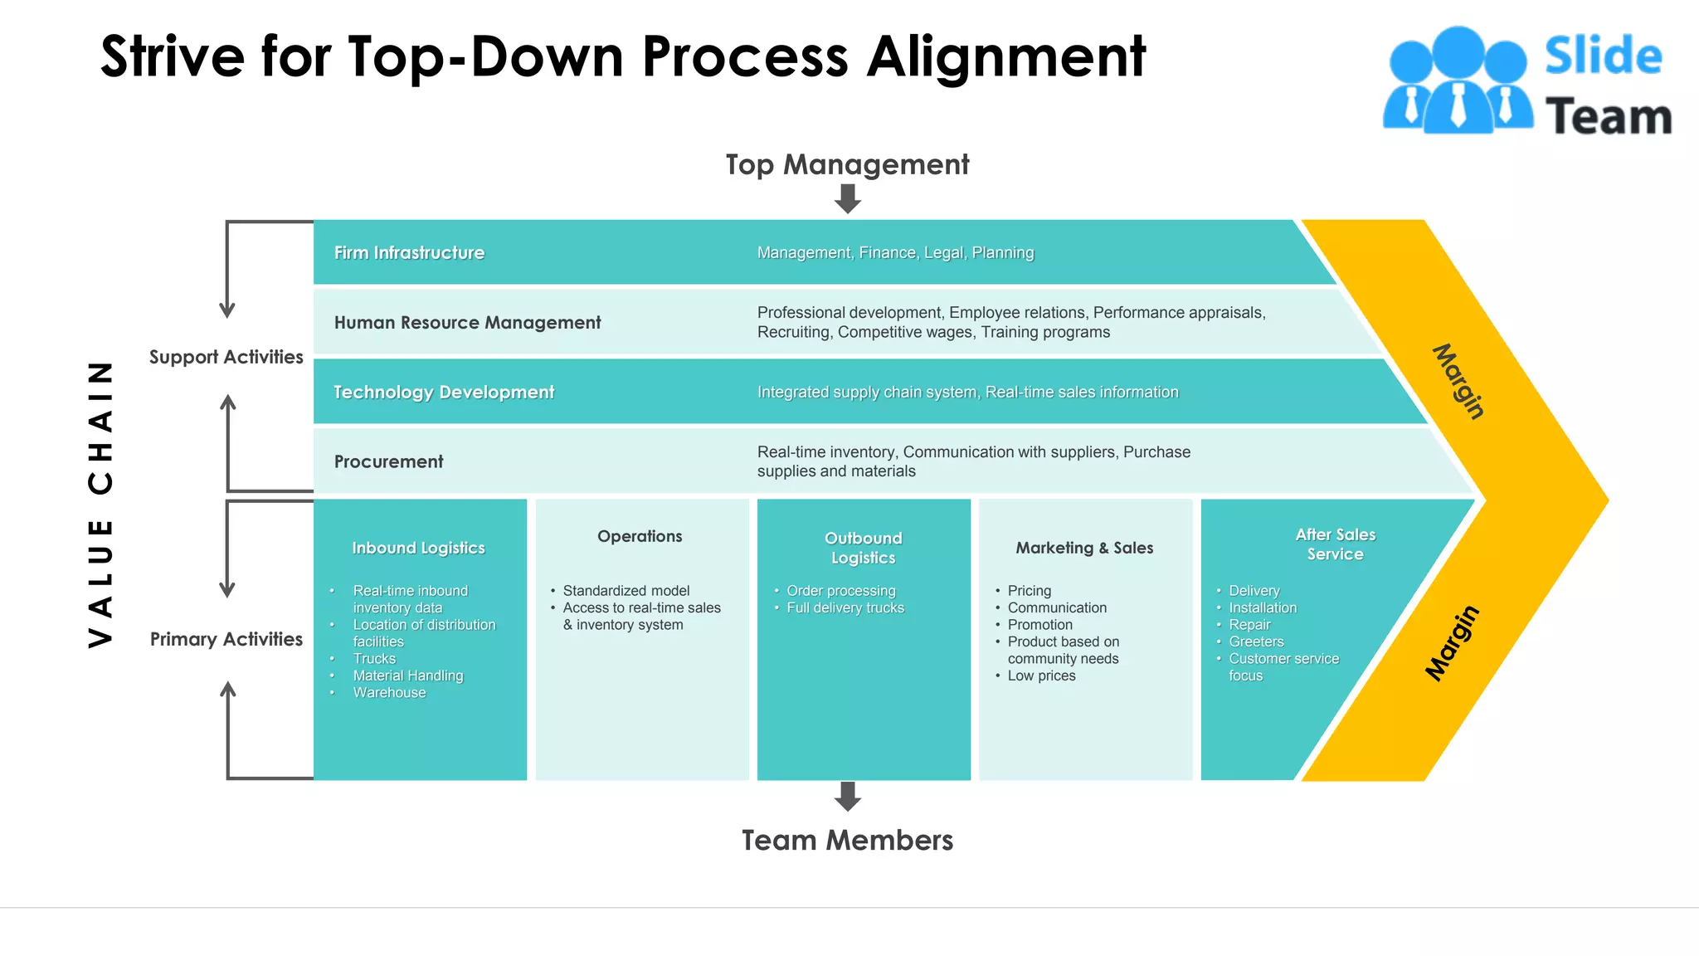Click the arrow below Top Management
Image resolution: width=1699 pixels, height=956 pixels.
click(x=847, y=198)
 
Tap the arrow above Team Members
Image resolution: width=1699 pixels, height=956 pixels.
click(x=847, y=796)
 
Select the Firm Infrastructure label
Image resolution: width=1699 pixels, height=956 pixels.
click(x=409, y=252)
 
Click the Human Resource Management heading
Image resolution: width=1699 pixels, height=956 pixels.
click(x=467, y=322)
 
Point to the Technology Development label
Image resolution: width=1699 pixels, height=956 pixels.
click(x=444, y=392)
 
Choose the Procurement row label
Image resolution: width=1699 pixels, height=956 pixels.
click(x=388, y=461)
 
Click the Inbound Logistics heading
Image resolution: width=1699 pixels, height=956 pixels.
click(x=418, y=548)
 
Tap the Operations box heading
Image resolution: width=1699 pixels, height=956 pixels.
click(x=640, y=536)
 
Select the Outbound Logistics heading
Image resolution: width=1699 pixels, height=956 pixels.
click(x=863, y=548)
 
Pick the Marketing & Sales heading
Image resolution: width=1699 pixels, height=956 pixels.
click(x=1084, y=548)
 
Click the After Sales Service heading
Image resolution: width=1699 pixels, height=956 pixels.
click(x=1335, y=544)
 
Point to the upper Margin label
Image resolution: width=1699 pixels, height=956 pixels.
click(x=1458, y=381)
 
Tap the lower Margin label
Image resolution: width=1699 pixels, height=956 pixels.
click(x=1452, y=643)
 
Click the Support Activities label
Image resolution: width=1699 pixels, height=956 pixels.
click(x=226, y=357)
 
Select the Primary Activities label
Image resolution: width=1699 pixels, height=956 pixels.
click(x=226, y=639)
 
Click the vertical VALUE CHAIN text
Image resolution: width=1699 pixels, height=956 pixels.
click(x=100, y=504)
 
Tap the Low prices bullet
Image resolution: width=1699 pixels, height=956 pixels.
click(x=1041, y=676)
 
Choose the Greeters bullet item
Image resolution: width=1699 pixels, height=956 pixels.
click(x=1256, y=641)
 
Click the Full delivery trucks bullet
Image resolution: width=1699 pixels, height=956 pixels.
click(x=845, y=607)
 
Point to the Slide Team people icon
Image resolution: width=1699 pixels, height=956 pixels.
click(x=1457, y=80)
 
